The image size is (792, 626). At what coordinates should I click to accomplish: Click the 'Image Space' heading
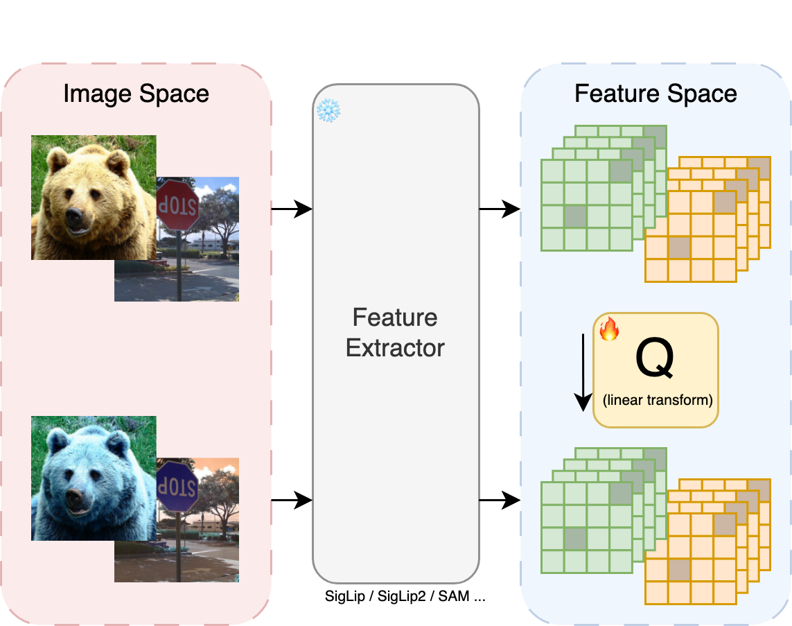coord(136,94)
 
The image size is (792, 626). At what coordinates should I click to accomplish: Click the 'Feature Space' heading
coord(655,94)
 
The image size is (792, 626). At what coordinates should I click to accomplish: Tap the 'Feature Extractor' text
coord(395,332)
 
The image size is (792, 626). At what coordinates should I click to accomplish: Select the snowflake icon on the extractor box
coord(326,111)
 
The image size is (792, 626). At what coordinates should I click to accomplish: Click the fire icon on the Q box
coord(608,329)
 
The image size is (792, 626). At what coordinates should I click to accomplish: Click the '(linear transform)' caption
coord(656,401)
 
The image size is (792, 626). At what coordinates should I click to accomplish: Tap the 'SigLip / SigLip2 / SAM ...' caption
coord(405,596)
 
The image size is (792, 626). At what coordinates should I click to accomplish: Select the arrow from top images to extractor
coord(292,208)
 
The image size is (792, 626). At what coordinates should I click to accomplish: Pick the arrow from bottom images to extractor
coord(292,499)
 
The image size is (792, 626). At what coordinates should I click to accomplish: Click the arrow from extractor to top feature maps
coord(500,208)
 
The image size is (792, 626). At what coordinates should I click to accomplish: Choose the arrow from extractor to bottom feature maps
coord(500,499)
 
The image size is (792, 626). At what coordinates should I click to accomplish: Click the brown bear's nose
coord(75,221)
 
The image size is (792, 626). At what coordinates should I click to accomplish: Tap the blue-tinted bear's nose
coord(75,498)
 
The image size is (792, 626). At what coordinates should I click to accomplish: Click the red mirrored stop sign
coord(177,205)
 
